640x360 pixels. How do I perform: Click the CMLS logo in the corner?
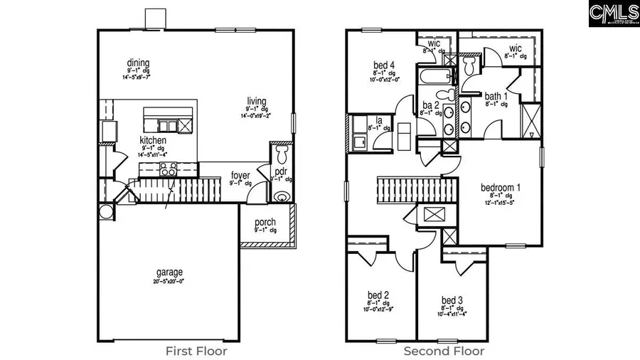pyautogui.click(x=614, y=14)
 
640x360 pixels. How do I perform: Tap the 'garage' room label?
pyautogui.click(x=170, y=272)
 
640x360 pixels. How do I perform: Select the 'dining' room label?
pyautogui.click(x=138, y=62)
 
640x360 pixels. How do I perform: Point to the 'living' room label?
pyautogui.click(x=257, y=100)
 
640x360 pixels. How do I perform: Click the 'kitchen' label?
pyautogui.click(x=153, y=140)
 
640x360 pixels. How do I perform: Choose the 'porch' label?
pyautogui.click(x=265, y=223)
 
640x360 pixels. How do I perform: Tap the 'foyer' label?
pyautogui.click(x=240, y=175)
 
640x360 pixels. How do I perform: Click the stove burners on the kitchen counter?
pyautogui.click(x=169, y=169)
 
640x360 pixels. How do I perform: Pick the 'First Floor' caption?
pyautogui.click(x=196, y=351)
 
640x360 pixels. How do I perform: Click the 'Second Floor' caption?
pyautogui.click(x=444, y=351)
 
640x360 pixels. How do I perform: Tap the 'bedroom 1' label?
pyautogui.click(x=501, y=188)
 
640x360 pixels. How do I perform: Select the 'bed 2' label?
pyautogui.click(x=378, y=295)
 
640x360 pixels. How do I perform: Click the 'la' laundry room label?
pyautogui.click(x=380, y=121)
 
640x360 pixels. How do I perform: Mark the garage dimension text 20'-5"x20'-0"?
pyautogui.click(x=170, y=281)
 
